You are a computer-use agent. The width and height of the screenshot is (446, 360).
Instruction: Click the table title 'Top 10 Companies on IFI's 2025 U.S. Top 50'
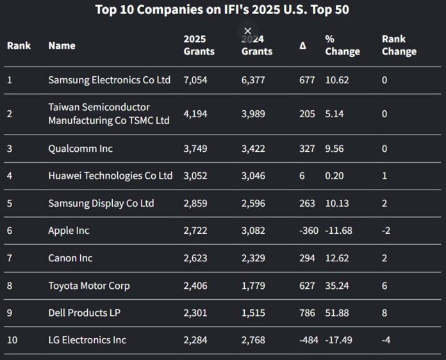pos(222,10)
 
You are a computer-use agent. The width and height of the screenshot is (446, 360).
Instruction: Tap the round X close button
pos(248,31)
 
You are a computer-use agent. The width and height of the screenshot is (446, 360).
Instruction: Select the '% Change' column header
pos(342,45)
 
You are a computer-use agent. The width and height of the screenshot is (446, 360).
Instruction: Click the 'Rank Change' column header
pos(399,45)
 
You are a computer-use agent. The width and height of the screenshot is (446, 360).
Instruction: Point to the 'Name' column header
pos(62,45)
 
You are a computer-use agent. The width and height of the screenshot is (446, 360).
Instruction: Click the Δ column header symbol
pos(302,45)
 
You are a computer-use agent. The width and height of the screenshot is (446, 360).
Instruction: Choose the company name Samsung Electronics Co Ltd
pos(110,80)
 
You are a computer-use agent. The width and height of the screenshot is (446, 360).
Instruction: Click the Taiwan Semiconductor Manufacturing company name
pos(109,114)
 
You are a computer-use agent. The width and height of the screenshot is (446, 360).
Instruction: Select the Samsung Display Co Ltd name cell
pos(101,203)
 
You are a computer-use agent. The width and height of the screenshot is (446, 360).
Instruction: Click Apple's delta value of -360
pos(308,230)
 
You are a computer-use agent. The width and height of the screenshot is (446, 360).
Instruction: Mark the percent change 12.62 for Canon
pos(338,258)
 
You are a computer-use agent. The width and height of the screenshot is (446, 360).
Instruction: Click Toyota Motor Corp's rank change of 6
pos(384,285)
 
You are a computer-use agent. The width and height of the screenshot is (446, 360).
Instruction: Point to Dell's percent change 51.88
pos(338,313)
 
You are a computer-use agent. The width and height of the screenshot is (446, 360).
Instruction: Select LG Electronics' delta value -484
pos(308,340)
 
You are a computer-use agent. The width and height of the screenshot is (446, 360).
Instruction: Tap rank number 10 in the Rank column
pos(12,340)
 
